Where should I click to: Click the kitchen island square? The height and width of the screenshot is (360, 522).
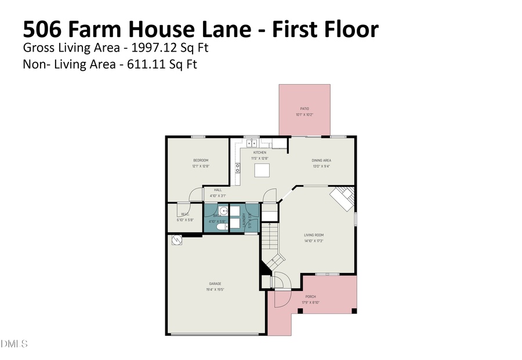[263, 170]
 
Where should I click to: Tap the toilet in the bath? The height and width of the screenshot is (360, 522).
[221, 227]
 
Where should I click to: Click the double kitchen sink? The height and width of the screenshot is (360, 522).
[252, 143]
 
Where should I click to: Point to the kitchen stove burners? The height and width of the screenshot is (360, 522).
[237, 168]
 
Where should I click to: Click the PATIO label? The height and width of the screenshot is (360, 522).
[304, 108]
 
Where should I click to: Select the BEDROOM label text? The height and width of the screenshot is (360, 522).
[201, 160]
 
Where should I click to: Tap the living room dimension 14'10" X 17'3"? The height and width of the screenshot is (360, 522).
[313, 241]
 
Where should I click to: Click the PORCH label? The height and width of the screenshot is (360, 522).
[311, 296]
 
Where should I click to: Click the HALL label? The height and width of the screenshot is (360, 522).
[217, 190]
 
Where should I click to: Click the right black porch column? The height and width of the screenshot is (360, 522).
[354, 311]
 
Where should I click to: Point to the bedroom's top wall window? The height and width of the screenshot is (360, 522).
[198, 137]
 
